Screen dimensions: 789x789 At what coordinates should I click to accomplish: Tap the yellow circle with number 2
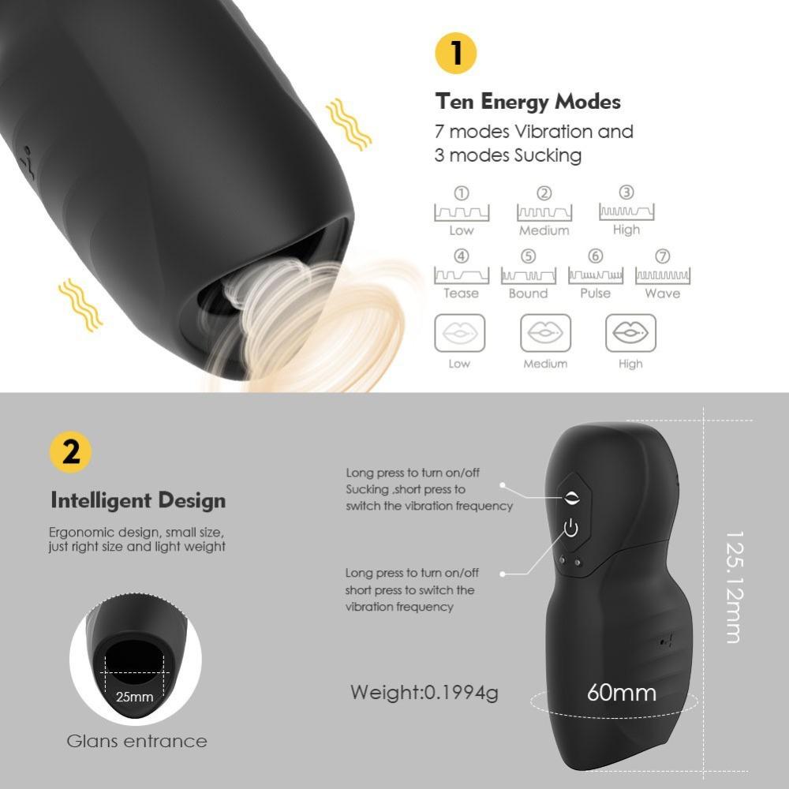click(69, 452)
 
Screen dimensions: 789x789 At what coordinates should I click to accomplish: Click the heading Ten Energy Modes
click(527, 102)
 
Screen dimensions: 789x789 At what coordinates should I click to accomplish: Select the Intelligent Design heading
click(138, 500)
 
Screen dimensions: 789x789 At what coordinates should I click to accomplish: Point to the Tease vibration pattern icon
click(461, 275)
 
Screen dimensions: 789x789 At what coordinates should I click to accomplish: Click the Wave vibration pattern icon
click(664, 275)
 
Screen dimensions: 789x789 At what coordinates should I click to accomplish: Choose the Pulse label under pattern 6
click(596, 293)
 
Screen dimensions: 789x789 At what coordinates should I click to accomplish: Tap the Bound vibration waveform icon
click(528, 275)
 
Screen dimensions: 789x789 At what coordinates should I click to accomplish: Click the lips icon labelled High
click(630, 333)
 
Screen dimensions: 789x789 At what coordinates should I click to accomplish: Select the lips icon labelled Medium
click(545, 333)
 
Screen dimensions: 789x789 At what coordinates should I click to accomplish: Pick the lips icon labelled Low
click(460, 333)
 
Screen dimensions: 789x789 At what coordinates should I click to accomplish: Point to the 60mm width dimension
click(622, 693)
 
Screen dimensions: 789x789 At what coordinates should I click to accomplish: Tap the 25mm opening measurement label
click(134, 697)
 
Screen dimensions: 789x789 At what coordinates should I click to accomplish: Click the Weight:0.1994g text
click(424, 693)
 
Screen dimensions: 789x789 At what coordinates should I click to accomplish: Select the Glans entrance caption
click(136, 741)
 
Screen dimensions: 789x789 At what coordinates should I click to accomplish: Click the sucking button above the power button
click(570, 496)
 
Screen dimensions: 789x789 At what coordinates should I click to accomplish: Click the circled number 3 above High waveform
click(626, 193)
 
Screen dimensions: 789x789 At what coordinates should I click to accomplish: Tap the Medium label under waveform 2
click(544, 230)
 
